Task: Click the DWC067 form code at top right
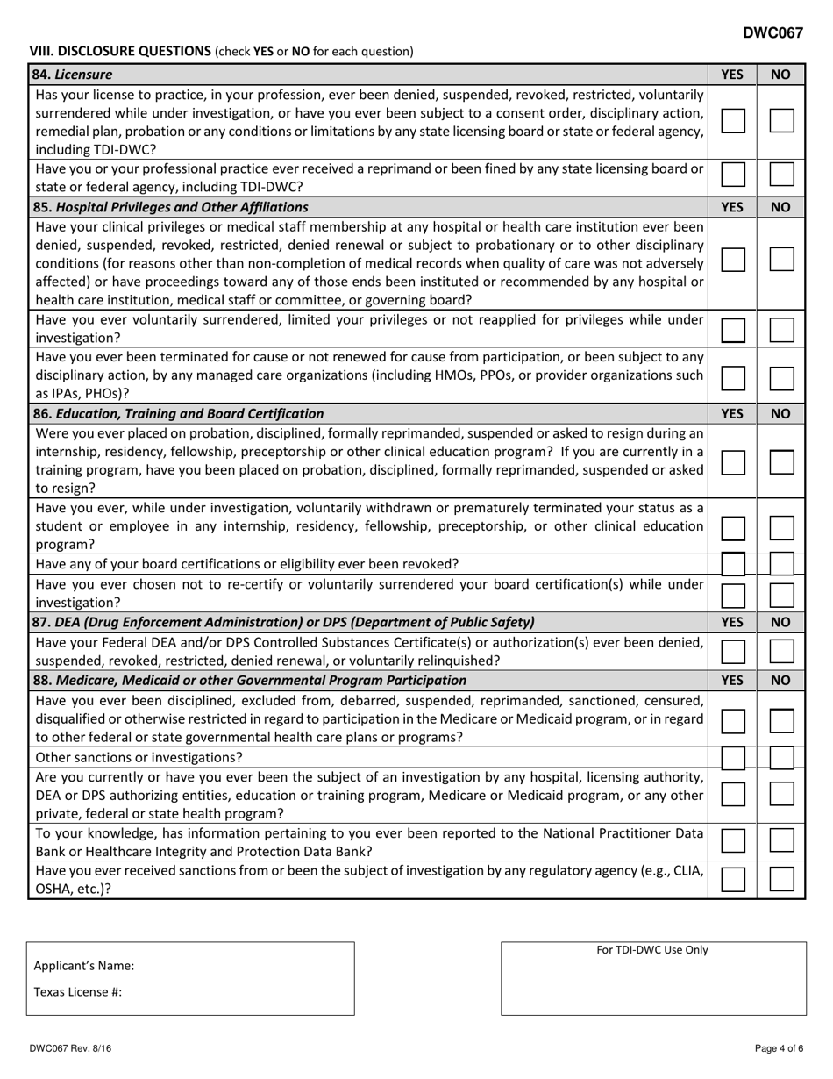[772, 33]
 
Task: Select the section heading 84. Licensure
[67, 75]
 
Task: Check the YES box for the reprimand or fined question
[733, 176]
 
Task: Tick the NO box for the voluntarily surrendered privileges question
[781, 329]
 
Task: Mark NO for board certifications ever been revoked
[781, 563]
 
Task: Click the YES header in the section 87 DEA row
[732, 622]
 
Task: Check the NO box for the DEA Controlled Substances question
[781, 651]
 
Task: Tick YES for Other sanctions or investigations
[733, 757]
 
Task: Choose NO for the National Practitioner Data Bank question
[781, 841]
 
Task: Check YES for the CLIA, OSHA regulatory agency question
[733, 879]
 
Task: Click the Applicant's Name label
[84, 966]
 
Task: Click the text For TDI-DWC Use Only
[652, 949]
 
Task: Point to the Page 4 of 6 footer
[780, 1048]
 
